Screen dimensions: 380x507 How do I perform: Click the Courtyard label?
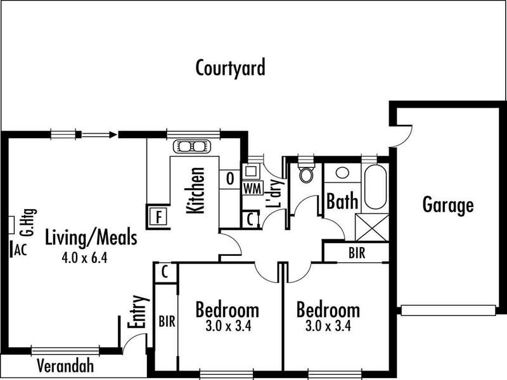(230, 68)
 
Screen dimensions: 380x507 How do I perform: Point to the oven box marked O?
(229, 178)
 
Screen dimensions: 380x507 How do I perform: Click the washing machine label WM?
(250, 189)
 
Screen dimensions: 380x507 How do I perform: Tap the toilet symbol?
(306, 174)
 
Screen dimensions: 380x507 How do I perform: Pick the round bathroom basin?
(343, 173)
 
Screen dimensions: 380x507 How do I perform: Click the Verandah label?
(65, 365)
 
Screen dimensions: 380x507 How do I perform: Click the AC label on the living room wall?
(20, 249)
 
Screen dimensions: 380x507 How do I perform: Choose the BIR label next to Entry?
(166, 320)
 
